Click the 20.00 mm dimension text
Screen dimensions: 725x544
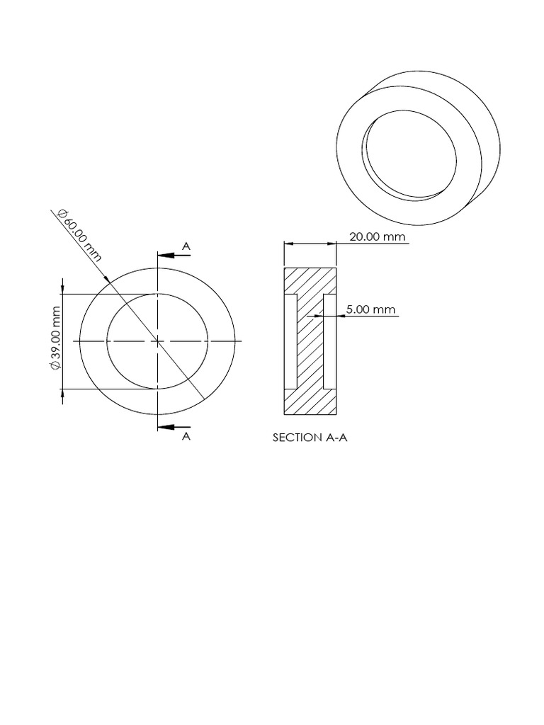(x=378, y=236)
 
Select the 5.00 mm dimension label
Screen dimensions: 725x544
(x=370, y=309)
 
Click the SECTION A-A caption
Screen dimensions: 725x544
(x=310, y=438)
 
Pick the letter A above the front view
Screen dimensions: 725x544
(x=186, y=246)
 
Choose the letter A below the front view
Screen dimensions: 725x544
(x=186, y=437)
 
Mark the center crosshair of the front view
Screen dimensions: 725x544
(x=157, y=341)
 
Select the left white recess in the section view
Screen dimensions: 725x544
(x=290, y=341)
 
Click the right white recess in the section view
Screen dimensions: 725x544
(x=329, y=341)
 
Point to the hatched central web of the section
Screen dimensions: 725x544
(x=310, y=341)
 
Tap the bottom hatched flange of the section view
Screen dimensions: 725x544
(x=310, y=402)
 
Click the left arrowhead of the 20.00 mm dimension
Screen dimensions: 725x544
(x=288, y=243)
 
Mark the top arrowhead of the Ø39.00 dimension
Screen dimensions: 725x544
(x=63, y=290)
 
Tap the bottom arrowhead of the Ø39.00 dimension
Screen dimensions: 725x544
(x=63, y=393)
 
